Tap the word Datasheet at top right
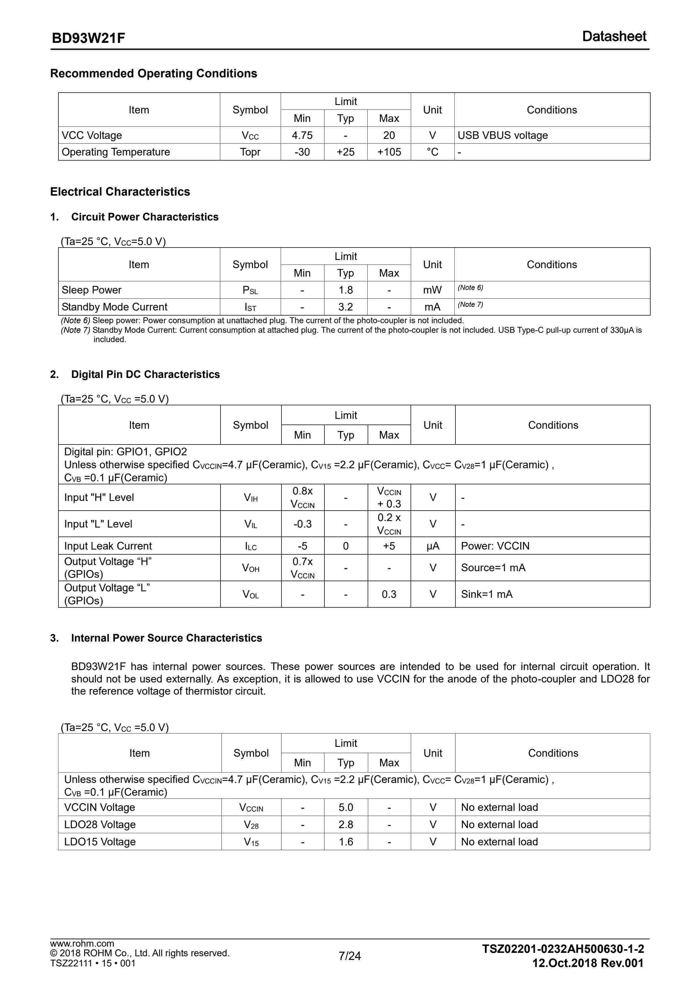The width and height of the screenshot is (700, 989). pos(614,37)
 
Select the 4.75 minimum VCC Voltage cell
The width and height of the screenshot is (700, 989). pos(302,135)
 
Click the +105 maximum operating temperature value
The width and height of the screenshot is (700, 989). pos(389,152)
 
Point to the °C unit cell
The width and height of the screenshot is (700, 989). pos(432,152)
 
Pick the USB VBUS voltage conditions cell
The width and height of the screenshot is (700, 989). pos(503,135)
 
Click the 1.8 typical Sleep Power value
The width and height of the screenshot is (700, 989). pos(346,290)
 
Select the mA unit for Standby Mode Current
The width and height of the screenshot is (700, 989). pos(432,307)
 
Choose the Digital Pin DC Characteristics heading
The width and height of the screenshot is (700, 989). pos(145,374)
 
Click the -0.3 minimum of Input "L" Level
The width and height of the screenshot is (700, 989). pos(303,524)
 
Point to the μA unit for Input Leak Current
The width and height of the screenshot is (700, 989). pos(433,546)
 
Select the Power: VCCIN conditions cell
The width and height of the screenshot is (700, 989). pos(495,546)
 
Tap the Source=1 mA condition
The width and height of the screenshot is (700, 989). pos(493,568)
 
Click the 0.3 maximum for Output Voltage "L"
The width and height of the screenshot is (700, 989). pos(389,594)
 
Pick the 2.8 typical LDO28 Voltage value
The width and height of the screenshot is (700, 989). pos(346,824)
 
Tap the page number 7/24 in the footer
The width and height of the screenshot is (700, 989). pos(350,956)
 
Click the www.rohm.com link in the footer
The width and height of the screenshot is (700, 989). pos(82,943)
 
